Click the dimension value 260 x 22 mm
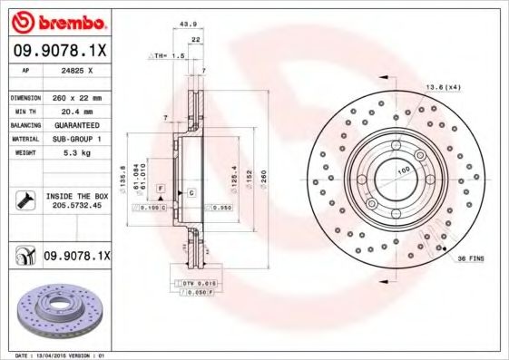pos(74,96)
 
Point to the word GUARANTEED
pos(73,125)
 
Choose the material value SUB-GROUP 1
pos(73,139)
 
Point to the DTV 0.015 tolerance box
pos(192,284)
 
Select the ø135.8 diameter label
pos(123,171)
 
